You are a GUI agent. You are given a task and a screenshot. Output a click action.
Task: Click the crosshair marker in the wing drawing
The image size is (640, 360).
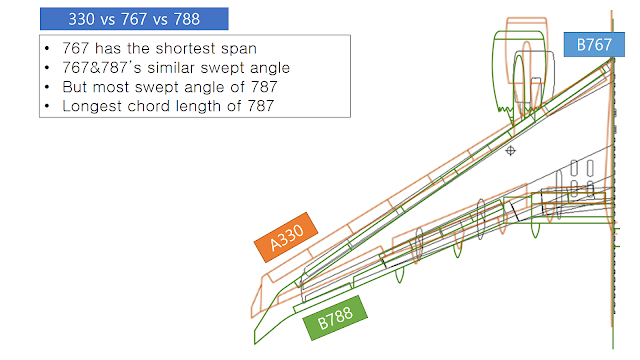coord(511,151)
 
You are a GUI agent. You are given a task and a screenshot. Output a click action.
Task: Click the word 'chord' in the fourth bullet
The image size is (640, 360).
coord(154,105)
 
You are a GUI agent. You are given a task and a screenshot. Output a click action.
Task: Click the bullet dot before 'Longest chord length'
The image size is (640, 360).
coord(49,105)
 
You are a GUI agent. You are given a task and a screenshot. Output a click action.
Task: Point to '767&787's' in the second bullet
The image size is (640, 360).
coord(99,68)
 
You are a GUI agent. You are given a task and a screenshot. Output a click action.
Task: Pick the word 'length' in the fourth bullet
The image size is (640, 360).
coord(207,105)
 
